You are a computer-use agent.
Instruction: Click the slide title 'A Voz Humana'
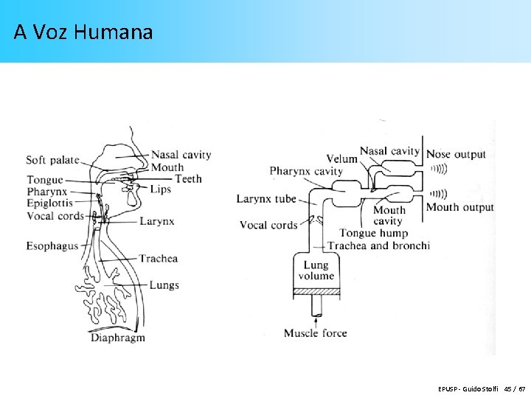pos(83,32)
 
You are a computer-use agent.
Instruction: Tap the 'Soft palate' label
pos(52,160)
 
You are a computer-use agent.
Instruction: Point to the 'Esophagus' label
pos(52,246)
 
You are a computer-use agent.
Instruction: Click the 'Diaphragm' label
pos(118,338)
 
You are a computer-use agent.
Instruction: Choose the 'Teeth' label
pos(188,178)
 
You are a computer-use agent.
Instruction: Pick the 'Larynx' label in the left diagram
pos(156,220)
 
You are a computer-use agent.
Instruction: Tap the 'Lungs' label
pos(164,285)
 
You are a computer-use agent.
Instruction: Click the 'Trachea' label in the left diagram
pos(159,259)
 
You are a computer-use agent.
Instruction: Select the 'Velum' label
pos(342,158)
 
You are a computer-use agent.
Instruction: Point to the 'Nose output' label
pos(456,154)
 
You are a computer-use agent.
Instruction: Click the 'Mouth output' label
pos(459,207)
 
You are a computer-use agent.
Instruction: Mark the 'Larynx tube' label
pos(266,199)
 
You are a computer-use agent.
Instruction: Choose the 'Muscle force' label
pos(315,334)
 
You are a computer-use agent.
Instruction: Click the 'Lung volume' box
pos(316,270)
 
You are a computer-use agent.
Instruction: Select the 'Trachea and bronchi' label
pos(378,245)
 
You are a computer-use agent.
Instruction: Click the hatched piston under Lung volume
pos(316,292)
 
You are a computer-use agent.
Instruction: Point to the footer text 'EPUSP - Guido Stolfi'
pos(468,388)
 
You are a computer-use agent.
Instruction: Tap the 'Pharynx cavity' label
pos(306,172)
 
